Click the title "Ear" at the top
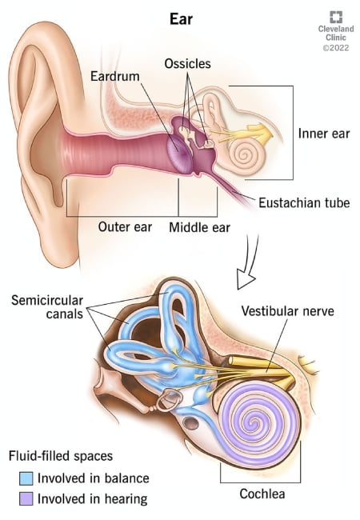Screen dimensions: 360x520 coord(181,19)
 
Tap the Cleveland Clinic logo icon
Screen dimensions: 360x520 coord(336,17)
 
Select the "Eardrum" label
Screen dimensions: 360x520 coord(115,76)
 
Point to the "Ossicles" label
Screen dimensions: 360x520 coord(188,63)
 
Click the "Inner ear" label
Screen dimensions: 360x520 coord(324,134)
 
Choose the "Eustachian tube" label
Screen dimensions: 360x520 coord(304,202)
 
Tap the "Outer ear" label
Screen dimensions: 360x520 coord(125,227)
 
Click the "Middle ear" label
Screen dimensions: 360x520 coord(199,227)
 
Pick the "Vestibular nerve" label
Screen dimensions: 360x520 coord(288,310)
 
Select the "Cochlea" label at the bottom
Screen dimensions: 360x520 coord(262,494)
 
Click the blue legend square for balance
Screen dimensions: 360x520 coord(26,478)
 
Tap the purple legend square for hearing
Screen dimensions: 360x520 coord(26,498)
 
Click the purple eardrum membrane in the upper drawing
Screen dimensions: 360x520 coord(178,152)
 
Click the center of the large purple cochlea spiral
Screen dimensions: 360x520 coord(254,422)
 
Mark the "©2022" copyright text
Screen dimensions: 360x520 coord(336,48)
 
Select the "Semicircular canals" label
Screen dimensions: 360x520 coord(47,306)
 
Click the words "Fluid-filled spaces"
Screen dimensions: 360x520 coord(61,456)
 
